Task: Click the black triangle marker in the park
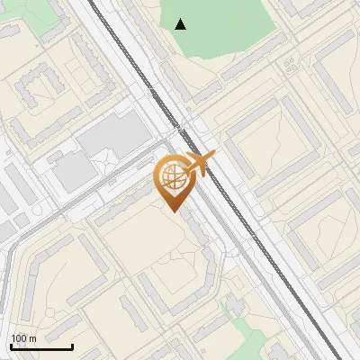pos(182,24)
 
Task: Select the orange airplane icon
pos(199,165)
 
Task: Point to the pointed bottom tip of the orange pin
pos(172,211)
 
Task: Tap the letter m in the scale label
pos(33,338)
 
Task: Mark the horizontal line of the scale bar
pos(41,347)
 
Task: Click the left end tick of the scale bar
pos(11,346)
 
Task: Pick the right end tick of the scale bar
pos(72,346)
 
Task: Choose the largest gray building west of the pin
pos(112,135)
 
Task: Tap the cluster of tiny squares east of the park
pos(290,65)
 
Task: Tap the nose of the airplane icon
pos(214,156)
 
